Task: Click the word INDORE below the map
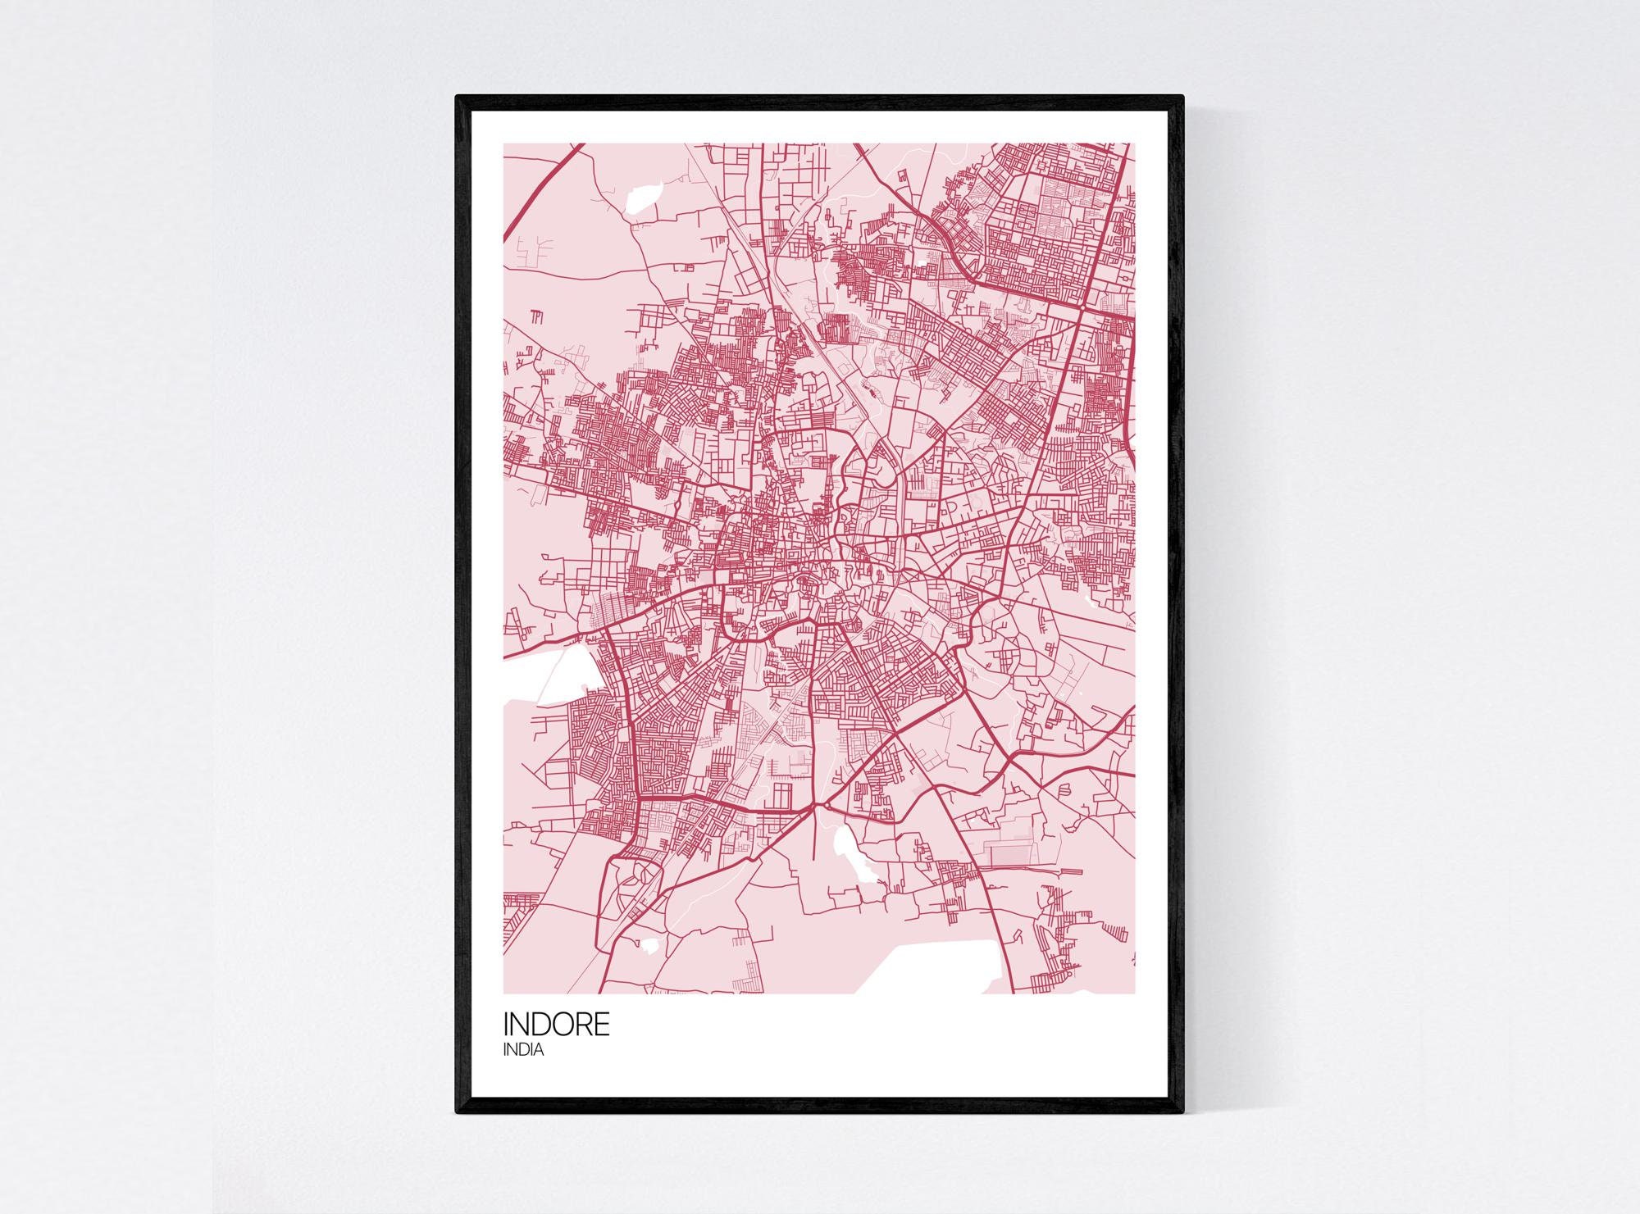556,1025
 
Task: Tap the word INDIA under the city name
523,1050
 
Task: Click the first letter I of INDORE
507,1025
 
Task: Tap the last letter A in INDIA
537,1050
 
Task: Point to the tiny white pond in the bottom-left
649,945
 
